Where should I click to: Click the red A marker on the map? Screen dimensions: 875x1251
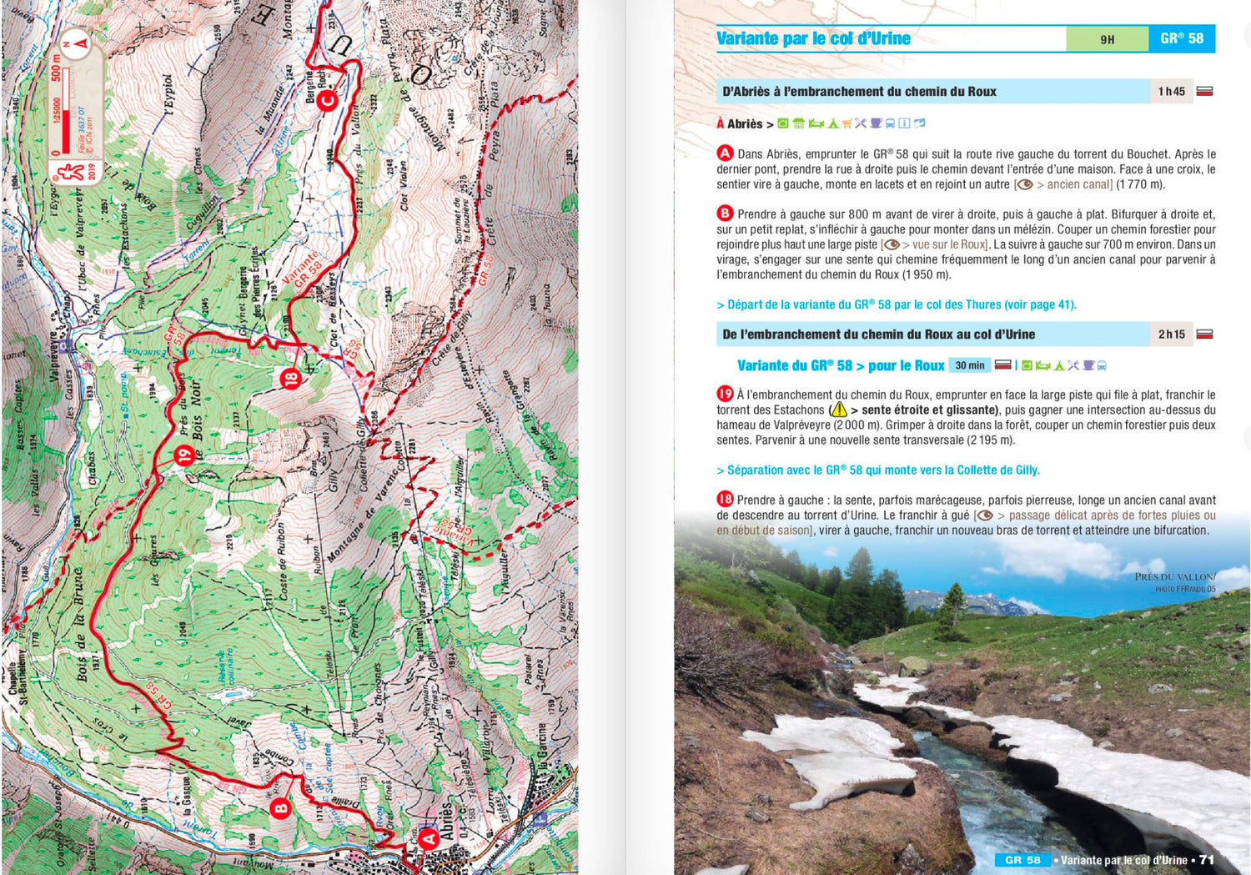429,837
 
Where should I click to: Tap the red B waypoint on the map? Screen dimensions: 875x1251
281,807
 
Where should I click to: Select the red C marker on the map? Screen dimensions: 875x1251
329,101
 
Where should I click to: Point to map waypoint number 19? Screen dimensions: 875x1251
184,455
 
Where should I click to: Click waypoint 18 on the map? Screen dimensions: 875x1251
290,379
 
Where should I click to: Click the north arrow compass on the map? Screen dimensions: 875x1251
78,43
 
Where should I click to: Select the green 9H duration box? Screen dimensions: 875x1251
1107,39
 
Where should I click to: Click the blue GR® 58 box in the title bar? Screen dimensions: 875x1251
1182,38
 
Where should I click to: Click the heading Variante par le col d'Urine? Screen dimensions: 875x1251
813,38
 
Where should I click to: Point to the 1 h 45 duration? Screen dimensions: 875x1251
1171,92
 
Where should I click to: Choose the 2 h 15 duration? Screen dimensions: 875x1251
1171,334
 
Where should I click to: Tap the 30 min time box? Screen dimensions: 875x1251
969,365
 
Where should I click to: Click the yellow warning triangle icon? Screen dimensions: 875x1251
838,410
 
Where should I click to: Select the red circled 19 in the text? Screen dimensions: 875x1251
725,394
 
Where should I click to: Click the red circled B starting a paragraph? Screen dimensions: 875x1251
725,214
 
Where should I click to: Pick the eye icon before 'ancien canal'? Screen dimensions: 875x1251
1024,184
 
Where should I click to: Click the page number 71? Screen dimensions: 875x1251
1206,859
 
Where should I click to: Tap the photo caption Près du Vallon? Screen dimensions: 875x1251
1174,576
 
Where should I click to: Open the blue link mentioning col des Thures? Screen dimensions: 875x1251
897,304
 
